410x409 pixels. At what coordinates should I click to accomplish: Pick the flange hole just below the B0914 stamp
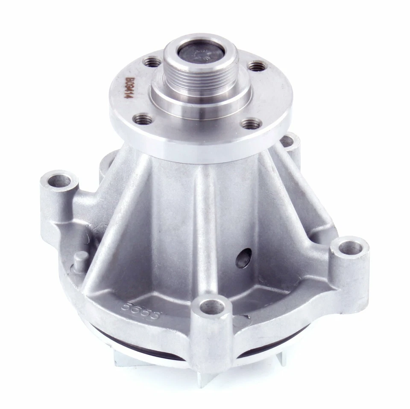point(144,119)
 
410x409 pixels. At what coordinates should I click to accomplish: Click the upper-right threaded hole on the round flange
point(258,66)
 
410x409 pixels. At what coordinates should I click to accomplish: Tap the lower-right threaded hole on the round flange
point(251,124)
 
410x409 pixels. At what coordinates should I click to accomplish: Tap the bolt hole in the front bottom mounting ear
point(212,306)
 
